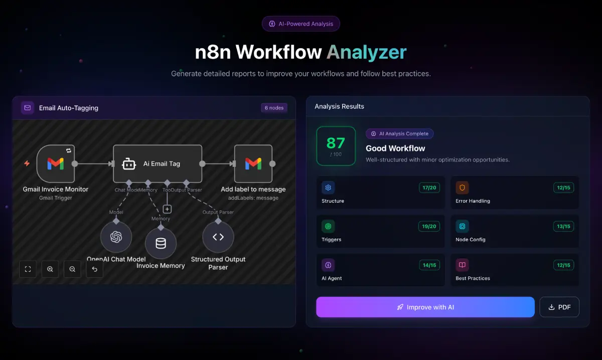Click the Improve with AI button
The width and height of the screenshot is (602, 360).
click(425, 307)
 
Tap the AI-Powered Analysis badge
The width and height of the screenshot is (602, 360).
click(301, 24)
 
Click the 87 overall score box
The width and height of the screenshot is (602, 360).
click(336, 146)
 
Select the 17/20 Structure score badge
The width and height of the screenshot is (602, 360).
click(429, 188)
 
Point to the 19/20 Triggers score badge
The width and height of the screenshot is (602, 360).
click(429, 226)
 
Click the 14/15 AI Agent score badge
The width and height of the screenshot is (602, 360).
click(429, 265)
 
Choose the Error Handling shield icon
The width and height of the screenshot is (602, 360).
click(462, 188)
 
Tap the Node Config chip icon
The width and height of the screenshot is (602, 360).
click(462, 226)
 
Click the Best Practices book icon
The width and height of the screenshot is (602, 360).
click(462, 265)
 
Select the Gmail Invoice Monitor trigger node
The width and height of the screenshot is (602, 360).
click(56, 163)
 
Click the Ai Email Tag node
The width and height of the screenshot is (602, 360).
click(158, 163)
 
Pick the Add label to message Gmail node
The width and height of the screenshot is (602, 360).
click(253, 163)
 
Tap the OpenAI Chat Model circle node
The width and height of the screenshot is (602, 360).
click(116, 237)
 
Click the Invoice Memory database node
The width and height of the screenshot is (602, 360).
click(161, 244)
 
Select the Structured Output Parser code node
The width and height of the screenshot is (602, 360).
click(218, 237)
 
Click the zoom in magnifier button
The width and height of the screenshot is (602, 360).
click(50, 269)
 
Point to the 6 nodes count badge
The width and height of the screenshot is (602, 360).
click(274, 108)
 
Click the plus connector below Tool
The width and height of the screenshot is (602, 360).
click(167, 209)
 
